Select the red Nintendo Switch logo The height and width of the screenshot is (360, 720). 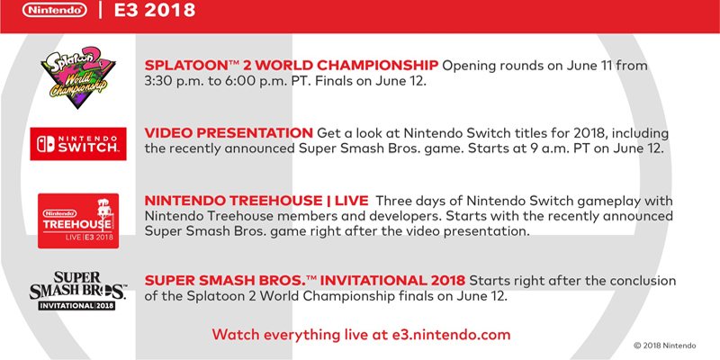[77, 143]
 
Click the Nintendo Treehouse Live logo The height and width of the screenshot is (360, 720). [77, 220]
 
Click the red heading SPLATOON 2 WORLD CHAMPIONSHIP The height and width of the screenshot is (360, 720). [291, 66]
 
